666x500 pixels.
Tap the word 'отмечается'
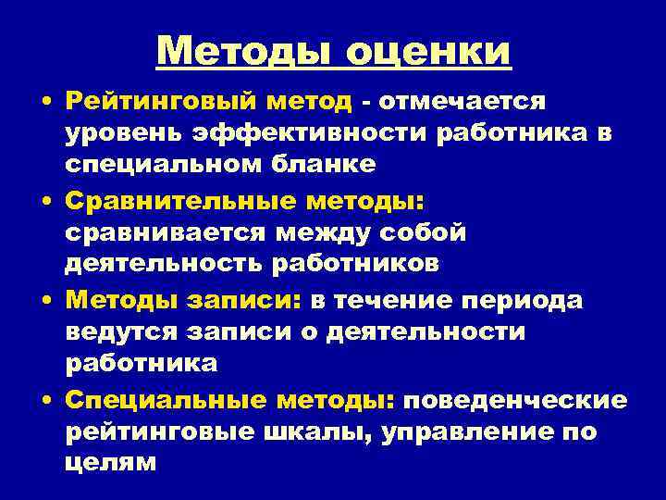point(462,100)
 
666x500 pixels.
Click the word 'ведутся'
point(116,331)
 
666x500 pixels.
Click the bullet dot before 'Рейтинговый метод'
point(46,101)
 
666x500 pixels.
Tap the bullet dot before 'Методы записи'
point(46,300)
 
